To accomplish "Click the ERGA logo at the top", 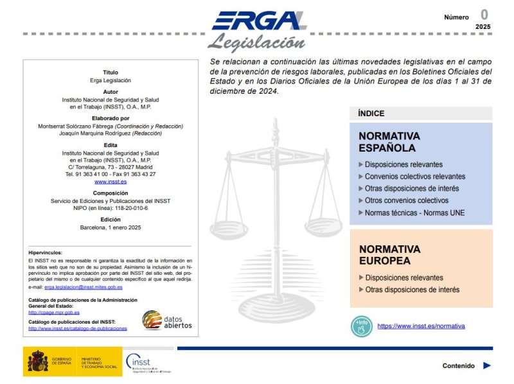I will click(258, 21).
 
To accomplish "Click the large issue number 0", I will click(484, 15).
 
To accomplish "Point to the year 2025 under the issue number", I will click(483, 27).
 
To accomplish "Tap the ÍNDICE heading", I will click(371, 114).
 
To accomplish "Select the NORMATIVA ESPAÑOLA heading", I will click(389, 142).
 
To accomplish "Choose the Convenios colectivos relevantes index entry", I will click(414, 177).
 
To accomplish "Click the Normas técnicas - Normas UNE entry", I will click(414, 213).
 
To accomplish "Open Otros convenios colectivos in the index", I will click(406, 201).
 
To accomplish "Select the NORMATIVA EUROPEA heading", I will click(389, 255).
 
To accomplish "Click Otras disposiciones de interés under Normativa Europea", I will click(412, 290).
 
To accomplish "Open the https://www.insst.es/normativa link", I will click(421, 326).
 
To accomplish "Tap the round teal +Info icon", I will click(362, 326).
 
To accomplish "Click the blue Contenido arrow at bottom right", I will click(487, 365).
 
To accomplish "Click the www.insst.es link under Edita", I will click(111, 182).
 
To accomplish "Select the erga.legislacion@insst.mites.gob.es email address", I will click(84, 287).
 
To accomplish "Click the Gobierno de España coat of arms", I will click(37, 362).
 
